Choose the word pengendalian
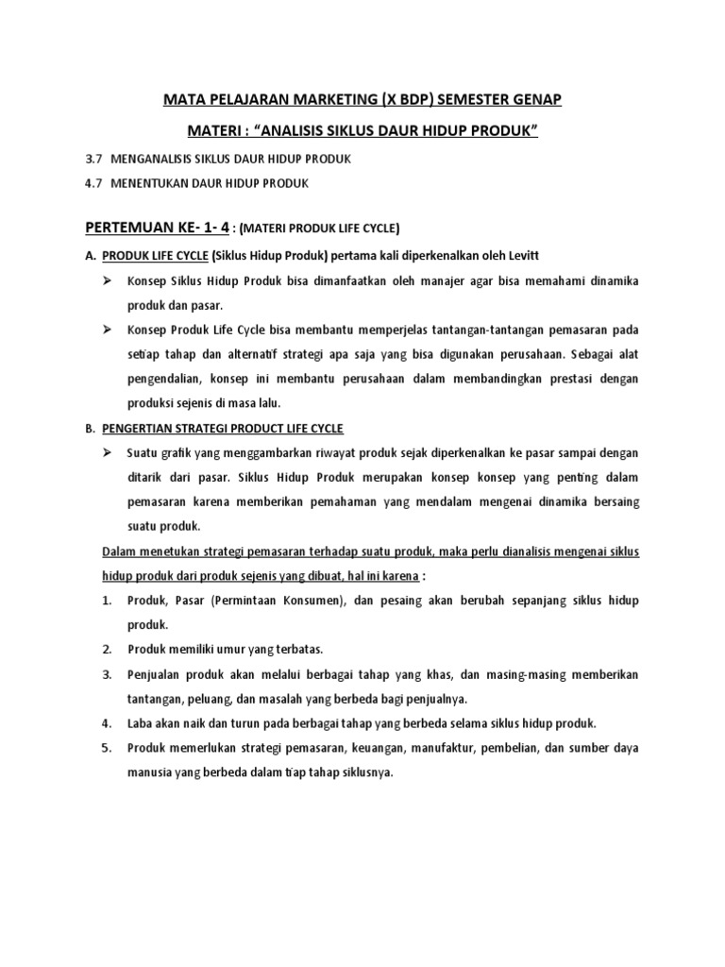pos(168,379)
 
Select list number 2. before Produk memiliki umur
pos(107,649)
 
